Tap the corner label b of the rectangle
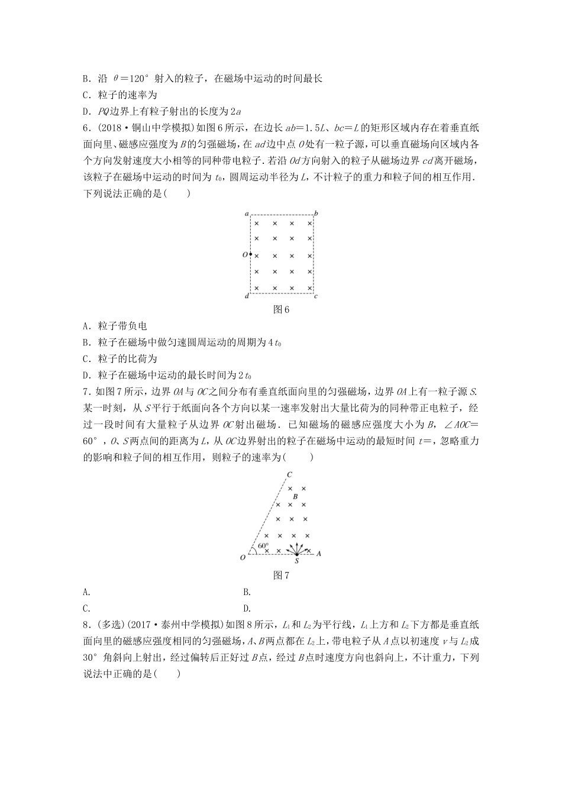click(316, 212)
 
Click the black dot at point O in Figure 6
click(250, 254)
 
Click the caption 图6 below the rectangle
click(281, 309)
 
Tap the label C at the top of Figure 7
click(289, 474)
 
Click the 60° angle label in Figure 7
click(263, 545)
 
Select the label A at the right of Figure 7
click(319, 553)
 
